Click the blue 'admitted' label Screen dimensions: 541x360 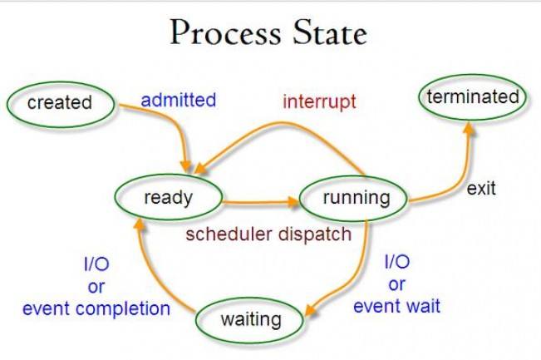click(x=179, y=100)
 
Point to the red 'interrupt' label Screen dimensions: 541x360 click(x=319, y=101)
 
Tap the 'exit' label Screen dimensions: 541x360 click(x=481, y=189)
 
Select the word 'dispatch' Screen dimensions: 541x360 click(x=315, y=235)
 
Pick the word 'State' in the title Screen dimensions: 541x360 click(x=330, y=32)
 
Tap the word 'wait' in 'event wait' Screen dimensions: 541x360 click(x=423, y=306)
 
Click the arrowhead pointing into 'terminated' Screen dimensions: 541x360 click(x=469, y=128)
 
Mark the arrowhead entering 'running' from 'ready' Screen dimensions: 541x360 click(x=293, y=202)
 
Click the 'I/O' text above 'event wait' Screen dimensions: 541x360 click(x=397, y=262)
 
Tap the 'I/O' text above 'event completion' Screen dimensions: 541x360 click(x=96, y=264)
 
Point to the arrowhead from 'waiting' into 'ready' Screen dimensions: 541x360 click(x=139, y=225)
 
